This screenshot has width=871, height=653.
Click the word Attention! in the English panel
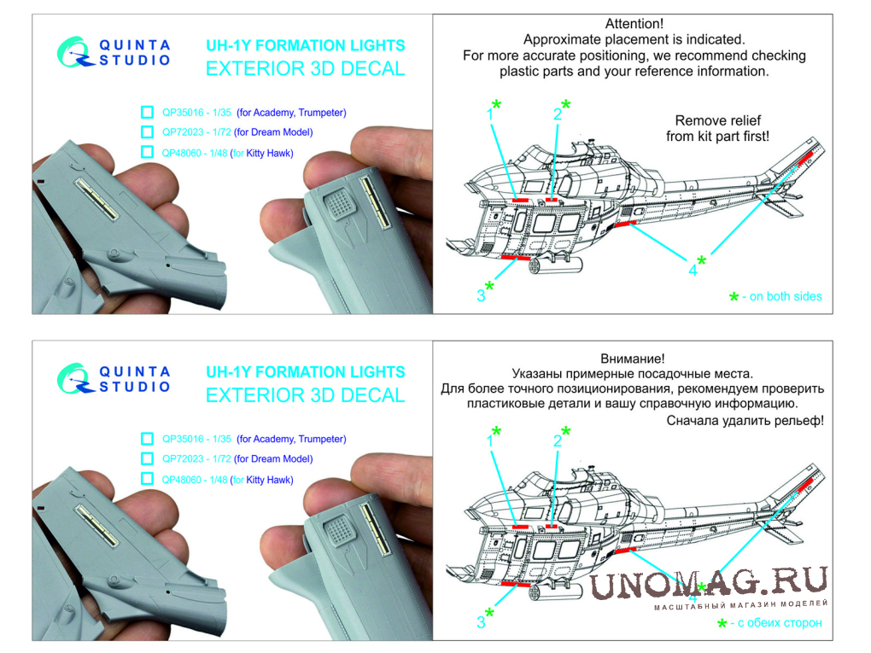pyautogui.click(x=634, y=24)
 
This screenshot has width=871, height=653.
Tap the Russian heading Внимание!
pyautogui.click(x=632, y=359)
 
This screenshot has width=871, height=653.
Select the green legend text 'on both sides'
pyautogui.click(x=786, y=296)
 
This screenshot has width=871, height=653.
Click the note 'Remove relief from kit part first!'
pyautogui.click(x=717, y=128)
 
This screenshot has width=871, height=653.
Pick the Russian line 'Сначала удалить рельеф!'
pyautogui.click(x=745, y=421)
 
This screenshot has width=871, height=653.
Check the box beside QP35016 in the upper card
pyautogui.click(x=147, y=112)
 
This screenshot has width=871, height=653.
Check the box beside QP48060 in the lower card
pyautogui.click(x=147, y=479)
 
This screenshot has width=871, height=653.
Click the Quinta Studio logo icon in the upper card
pyautogui.click(x=74, y=52)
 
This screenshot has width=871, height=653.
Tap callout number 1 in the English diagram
pyautogui.click(x=490, y=114)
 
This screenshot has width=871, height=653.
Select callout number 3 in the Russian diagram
pyautogui.click(x=481, y=622)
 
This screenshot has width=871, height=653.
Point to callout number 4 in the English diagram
pyautogui.click(x=693, y=271)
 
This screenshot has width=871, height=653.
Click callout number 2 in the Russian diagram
pyautogui.click(x=557, y=441)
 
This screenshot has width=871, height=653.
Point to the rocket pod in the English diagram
pyautogui.click(x=556, y=265)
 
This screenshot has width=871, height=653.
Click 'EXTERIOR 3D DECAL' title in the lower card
pyautogui.click(x=306, y=395)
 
